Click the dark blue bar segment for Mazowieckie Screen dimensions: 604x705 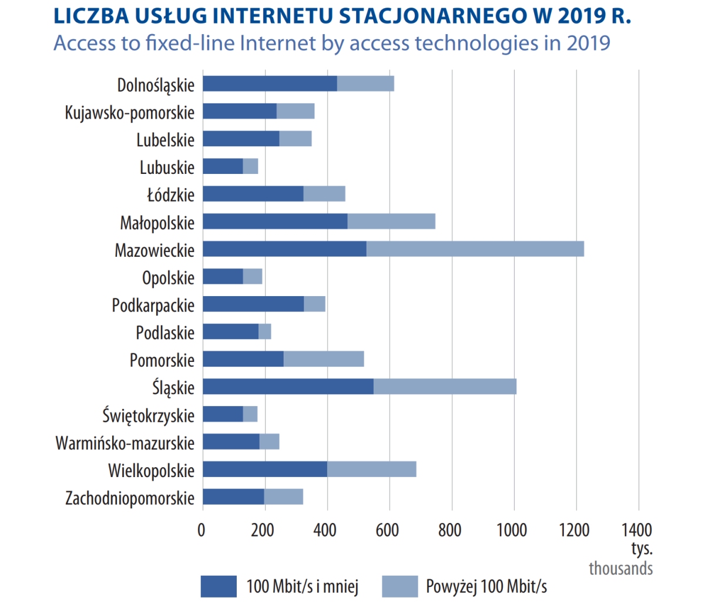284,249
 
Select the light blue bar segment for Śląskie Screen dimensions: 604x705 445,387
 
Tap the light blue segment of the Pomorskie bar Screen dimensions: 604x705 324,359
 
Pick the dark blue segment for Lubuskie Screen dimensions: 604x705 223,166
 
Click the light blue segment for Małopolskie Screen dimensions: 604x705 391,222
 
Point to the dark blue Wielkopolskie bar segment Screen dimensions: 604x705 265,469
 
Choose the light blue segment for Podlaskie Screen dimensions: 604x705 265,331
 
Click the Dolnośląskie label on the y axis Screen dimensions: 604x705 156,85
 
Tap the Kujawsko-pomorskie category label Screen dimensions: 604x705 129,112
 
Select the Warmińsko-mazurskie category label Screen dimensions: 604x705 125,442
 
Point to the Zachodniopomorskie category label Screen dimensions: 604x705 129,498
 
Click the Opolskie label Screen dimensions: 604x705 168,277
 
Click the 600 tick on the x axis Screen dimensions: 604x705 388,530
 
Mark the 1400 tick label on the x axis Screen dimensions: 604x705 637,530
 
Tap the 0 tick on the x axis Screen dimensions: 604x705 202,530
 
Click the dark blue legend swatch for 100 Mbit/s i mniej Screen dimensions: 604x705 219,586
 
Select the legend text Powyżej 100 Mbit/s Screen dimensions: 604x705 486,586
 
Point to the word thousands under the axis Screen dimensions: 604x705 620,568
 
